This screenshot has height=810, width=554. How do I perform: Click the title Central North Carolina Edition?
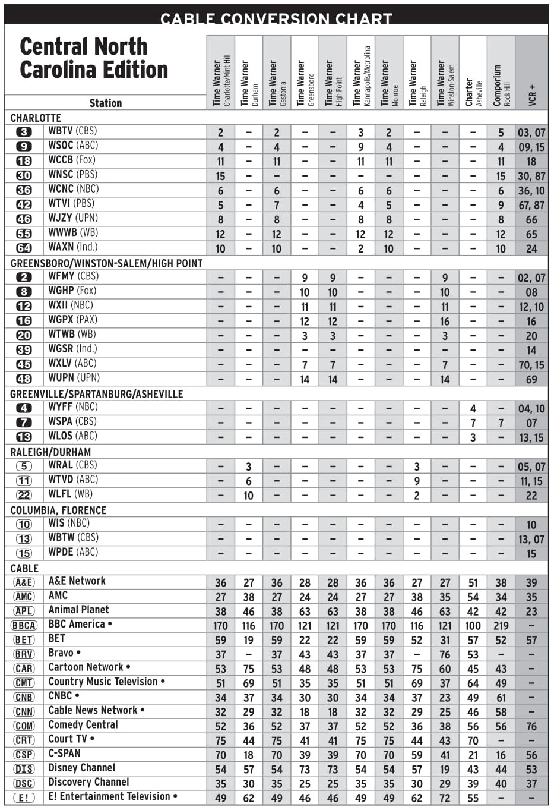pos(94,58)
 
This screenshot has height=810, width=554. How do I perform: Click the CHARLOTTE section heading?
pos(36,118)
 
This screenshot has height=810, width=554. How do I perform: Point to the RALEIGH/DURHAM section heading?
pos(50,452)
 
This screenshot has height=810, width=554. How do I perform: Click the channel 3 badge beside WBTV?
pos(24,132)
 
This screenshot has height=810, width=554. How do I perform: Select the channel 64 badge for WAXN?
pos(24,248)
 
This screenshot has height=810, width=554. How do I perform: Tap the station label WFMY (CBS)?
pos(73,276)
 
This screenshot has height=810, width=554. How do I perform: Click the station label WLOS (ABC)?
pos(72,436)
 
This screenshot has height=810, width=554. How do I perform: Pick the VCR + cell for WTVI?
pos(531,205)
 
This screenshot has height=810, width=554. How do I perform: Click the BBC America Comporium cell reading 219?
pos(501,626)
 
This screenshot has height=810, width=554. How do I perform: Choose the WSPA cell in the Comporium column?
pos(501,423)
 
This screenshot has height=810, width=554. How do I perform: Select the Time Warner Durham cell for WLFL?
pos(248,496)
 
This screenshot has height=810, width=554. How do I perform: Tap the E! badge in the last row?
pos(24,798)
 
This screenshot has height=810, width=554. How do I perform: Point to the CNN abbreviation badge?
pos(24,711)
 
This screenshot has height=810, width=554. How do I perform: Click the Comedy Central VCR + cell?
pos(531,726)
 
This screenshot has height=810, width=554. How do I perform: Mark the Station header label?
pos(105,103)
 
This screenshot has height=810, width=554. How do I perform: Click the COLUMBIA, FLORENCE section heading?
pos(58,510)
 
